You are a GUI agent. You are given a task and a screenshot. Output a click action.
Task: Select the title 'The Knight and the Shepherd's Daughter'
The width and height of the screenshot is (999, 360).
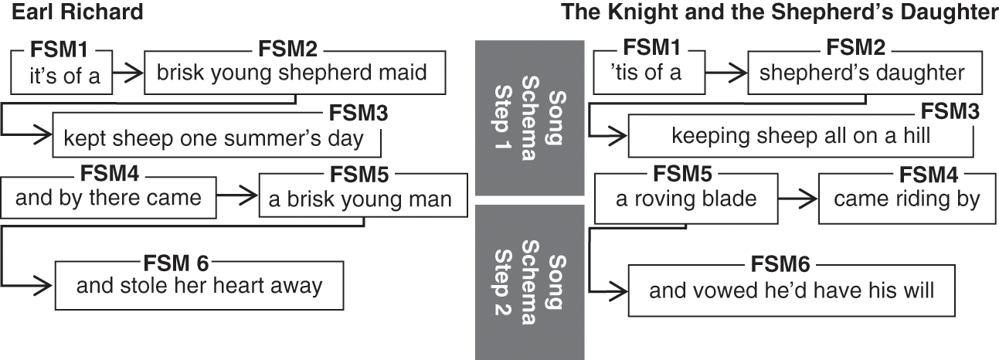click(x=780, y=12)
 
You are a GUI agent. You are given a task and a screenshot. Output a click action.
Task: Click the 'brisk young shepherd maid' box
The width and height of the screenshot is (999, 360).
click(x=291, y=73)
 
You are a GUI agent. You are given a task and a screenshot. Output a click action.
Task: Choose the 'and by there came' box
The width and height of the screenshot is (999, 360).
click(x=108, y=198)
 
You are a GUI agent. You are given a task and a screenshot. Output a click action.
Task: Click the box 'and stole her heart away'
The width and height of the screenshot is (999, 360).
click(x=199, y=285)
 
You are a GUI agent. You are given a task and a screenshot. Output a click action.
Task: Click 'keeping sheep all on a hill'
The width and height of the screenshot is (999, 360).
click(x=800, y=136)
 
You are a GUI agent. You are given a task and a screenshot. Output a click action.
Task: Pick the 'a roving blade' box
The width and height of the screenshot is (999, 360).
click(x=685, y=199)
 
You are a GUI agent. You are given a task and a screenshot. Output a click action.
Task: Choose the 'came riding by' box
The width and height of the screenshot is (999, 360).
click(x=906, y=199)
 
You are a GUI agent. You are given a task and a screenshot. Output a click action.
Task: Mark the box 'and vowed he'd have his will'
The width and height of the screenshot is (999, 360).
click(x=791, y=290)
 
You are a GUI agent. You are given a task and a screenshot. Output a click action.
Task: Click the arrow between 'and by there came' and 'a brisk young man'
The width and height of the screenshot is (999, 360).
click(x=236, y=198)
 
